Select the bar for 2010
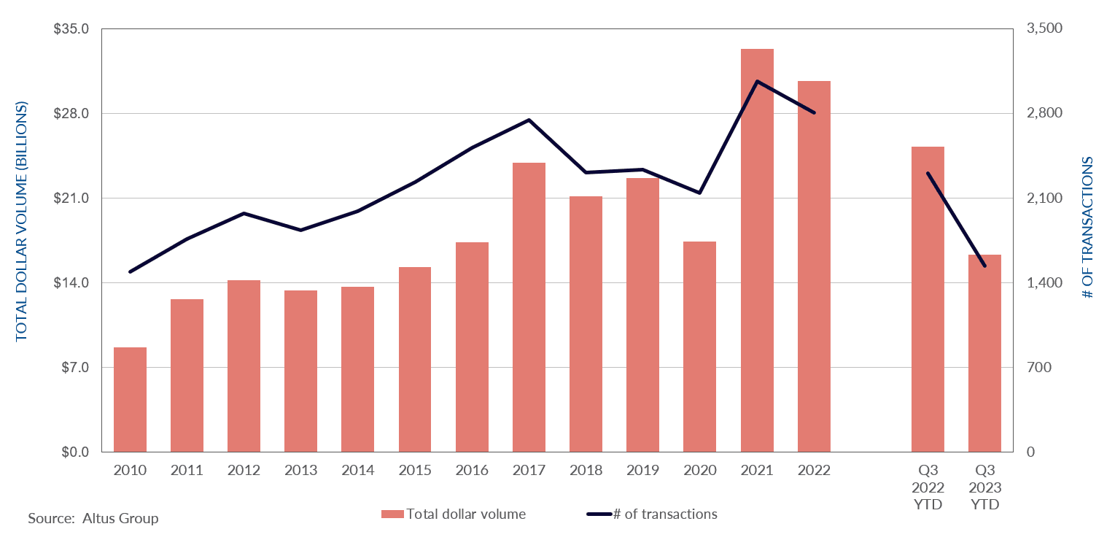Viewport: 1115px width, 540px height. (x=130, y=400)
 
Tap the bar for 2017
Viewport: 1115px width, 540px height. (x=529, y=307)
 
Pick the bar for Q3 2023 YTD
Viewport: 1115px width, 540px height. (x=984, y=353)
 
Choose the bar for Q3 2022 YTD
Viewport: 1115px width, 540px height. (x=928, y=299)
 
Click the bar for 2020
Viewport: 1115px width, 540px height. (x=699, y=347)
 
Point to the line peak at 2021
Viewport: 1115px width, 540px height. (x=757, y=81)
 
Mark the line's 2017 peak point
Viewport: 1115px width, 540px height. (x=529, y=120)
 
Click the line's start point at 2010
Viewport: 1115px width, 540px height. (x=130, y=272)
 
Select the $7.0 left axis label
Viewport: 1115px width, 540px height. (x=72, y=368)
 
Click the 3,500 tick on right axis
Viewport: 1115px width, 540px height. (x=1045, y=29)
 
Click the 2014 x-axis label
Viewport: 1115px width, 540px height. (x=357, y=471)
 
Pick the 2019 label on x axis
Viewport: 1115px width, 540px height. (x=642, y=471)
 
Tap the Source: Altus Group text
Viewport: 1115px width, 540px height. (x=93, y=519)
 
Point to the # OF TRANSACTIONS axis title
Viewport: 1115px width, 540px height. (x=1088, y=228)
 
